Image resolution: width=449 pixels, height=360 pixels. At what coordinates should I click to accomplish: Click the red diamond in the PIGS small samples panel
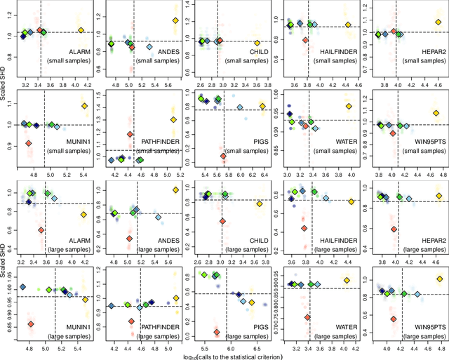224,156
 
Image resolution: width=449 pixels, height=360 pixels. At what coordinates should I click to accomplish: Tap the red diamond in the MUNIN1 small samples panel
29,143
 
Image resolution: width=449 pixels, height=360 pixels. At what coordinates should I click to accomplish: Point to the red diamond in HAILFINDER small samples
305,40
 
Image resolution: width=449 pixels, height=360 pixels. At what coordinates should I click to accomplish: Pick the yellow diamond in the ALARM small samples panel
81,30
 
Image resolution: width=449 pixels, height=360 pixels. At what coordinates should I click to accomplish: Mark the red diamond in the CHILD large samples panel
223,221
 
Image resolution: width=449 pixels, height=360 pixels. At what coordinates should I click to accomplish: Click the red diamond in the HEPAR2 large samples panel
394,229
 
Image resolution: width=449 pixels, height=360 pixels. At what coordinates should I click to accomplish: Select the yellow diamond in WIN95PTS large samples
440,279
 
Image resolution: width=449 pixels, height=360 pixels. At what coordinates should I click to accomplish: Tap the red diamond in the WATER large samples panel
307,317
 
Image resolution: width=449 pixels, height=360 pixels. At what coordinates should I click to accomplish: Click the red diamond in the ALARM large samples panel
41,230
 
